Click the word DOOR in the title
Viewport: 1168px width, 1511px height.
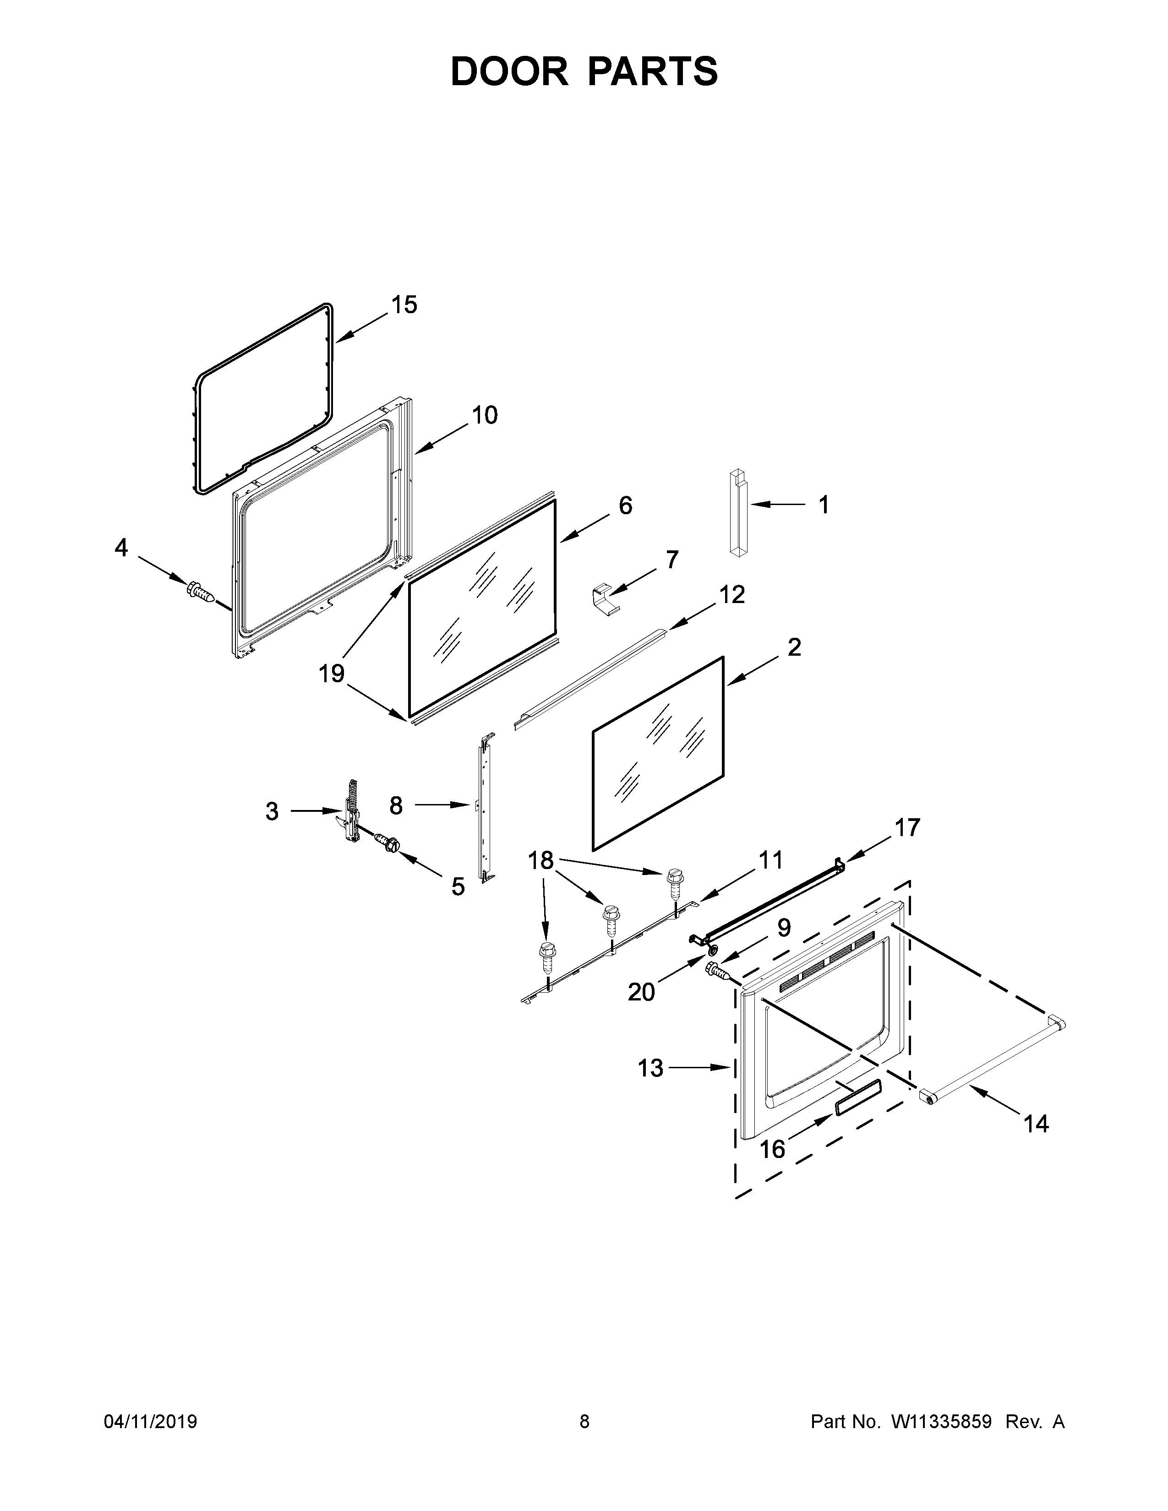point(509,71)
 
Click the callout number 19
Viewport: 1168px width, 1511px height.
point(332,673)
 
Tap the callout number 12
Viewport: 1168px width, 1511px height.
point(731,594)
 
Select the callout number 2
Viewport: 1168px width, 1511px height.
point(794,647)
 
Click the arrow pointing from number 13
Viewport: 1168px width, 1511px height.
point(699,1068)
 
